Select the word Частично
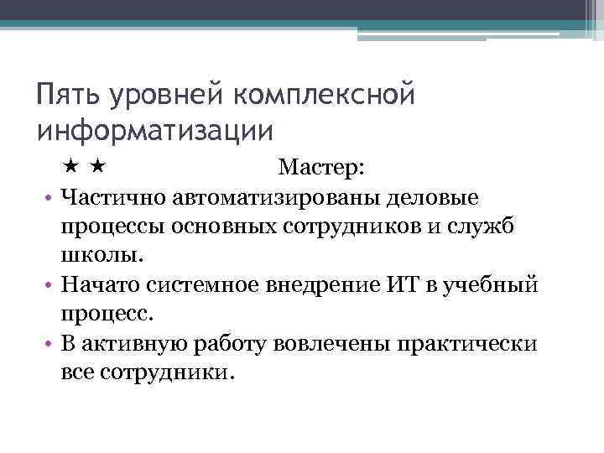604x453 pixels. click(114, 197)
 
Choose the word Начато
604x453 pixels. click(102, 284)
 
